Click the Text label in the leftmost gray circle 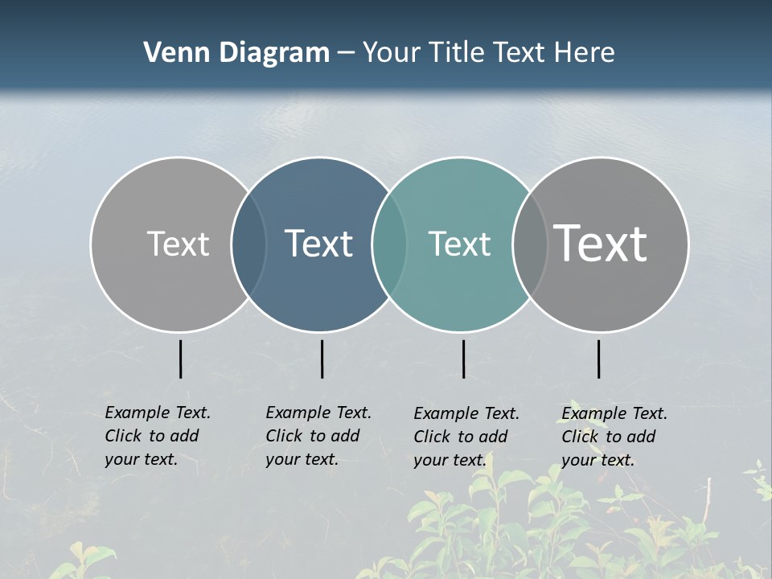[x=178, y=244]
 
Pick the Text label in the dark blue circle [x=319, y=244]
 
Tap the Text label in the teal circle [x=459, y=244]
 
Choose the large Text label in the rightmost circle [x=601, y=244]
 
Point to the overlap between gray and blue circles [x=248, y=244]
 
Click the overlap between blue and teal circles [x=389, y=244]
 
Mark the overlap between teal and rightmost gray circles [x=530, y=244]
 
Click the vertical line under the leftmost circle [x=180, y=359]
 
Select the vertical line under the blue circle [x=322, y=359]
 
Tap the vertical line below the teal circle [x=463, y=359]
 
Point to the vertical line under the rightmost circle [x=598, y=359]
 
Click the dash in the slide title [x=346, y=53]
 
